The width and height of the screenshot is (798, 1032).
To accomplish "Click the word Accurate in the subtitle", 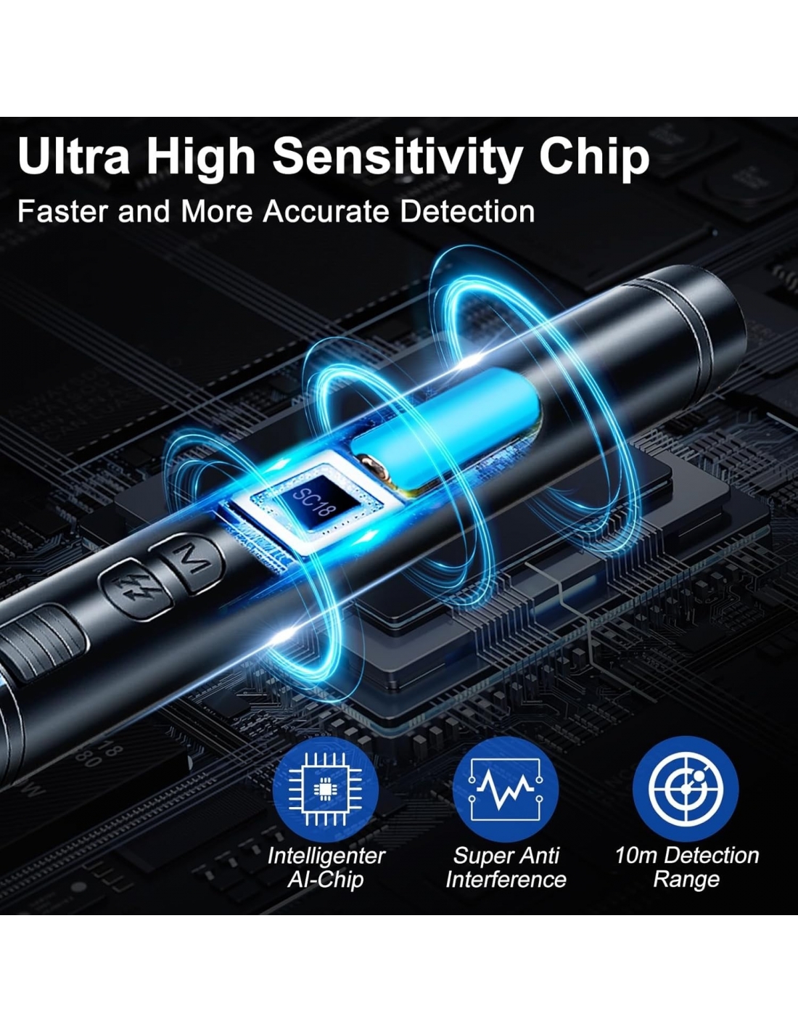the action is click(326, 211).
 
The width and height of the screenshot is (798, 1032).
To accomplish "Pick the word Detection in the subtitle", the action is click(467, 211).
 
